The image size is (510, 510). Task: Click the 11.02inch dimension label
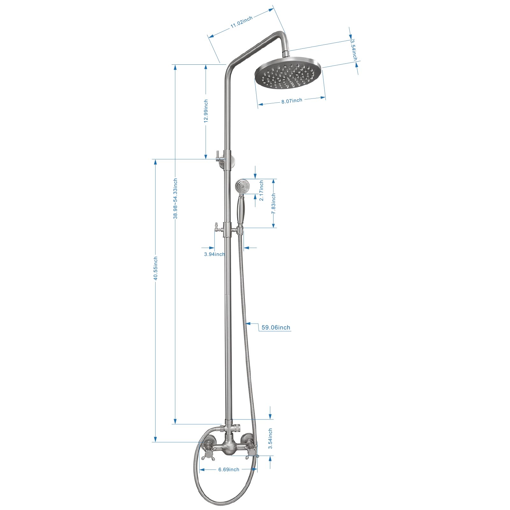242,22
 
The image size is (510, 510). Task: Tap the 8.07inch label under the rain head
292,101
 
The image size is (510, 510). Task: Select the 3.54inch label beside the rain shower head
353,50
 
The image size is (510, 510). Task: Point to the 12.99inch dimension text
206,111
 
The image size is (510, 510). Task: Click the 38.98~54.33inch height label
175,199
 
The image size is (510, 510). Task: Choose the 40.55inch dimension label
156,268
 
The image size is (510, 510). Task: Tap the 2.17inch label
261,190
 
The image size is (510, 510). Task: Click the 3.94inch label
214,254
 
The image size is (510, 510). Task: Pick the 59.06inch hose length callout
276,327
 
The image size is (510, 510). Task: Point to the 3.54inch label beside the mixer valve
270,438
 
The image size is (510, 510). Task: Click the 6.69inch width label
229,470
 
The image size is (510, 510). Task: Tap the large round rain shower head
288,73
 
